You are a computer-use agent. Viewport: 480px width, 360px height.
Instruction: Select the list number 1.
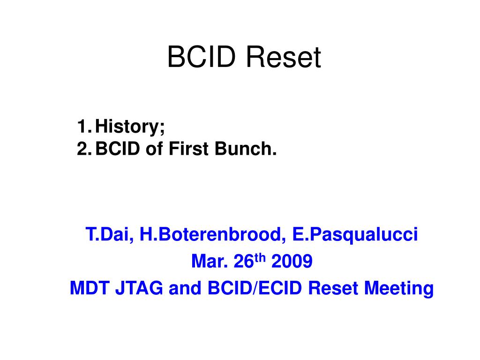82,126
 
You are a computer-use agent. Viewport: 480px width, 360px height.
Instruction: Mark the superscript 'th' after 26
260,257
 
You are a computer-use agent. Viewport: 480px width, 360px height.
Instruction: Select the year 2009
292,261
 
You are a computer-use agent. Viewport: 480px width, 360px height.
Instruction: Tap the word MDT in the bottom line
90,288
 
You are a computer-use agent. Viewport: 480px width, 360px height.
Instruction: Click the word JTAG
139,288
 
